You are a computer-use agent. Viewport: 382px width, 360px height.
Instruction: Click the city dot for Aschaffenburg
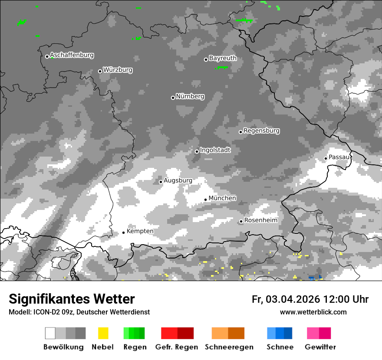(47, 56)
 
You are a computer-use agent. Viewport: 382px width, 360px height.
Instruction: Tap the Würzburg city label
(118, 70)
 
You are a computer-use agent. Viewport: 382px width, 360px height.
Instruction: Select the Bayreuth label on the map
(223, 58)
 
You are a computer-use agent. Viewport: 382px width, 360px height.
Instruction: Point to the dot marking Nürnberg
(173, 98)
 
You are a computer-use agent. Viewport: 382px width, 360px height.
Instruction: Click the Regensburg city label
(261, 131)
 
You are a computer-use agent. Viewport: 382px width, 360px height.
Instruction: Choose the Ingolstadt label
(215, 150)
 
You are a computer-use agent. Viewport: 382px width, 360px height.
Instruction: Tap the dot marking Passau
(326, 158)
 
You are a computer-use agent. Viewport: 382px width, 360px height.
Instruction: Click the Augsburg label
(178, 180)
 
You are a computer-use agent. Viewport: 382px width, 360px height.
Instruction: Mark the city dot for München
(205, 200)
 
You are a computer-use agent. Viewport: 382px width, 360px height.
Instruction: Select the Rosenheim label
(260, 220)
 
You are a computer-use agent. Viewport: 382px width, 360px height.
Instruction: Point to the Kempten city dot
(123, 232)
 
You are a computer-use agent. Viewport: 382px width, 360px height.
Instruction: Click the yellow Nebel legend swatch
(103, 333)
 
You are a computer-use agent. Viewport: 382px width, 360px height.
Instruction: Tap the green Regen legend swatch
(134, 333)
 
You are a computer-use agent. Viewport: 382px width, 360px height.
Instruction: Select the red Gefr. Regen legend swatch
(177, 333)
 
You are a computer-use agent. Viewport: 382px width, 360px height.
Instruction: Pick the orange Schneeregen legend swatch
(228, 333)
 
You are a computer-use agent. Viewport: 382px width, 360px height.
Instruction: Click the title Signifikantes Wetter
(72, 299)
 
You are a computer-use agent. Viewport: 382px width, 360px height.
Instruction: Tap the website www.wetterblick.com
(313, 312)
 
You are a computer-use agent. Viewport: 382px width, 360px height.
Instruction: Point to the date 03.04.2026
(293, 299)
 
